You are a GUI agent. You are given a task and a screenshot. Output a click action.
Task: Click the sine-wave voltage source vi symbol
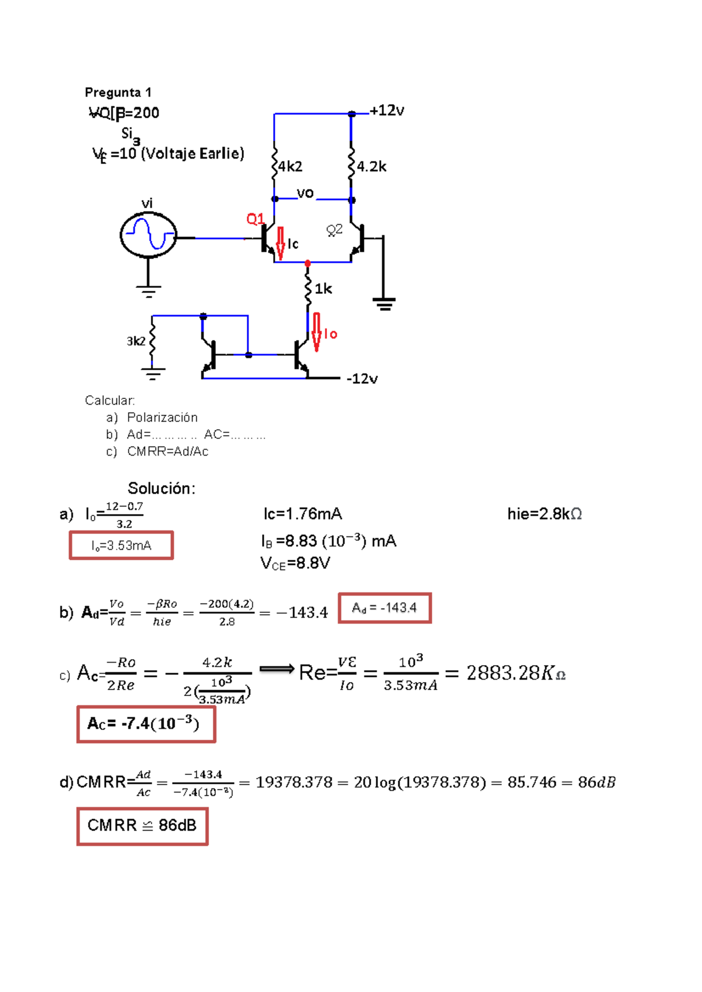[x=148, y=235]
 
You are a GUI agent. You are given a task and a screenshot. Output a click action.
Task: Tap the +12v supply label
[x=387, y=111]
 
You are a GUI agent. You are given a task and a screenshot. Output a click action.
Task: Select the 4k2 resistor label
[x=290, y=167]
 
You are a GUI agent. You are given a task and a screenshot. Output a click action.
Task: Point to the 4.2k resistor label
[x=371, y=167]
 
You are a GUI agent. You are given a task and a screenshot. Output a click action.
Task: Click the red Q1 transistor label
[x=255, y=219]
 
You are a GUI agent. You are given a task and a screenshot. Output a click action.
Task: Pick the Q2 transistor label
[x=334, y=230]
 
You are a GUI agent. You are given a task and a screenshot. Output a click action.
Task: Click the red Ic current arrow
[x=281, y=243]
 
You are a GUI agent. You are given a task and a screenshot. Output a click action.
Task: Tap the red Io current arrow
[x=316, y=331]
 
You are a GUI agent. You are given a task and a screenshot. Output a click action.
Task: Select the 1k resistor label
[x=323, y=289]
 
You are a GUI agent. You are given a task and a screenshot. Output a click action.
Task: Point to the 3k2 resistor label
[x=136, y=341]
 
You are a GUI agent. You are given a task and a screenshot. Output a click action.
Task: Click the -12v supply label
[x=362, y=379]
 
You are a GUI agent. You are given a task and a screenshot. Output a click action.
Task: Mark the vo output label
[x=305, y=193]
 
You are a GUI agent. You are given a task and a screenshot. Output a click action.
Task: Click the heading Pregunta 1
[x=118, y=92]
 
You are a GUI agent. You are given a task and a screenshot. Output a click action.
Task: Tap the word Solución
[x=161, y=488]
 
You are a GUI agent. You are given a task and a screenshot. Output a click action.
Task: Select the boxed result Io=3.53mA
[x=122, y=546]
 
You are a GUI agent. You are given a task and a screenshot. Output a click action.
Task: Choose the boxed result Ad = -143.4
[x=384, y=608]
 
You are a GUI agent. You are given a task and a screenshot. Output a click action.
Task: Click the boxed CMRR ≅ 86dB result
[x=142, y=826]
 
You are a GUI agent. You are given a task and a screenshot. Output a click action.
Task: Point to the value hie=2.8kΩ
[x=544, y=514]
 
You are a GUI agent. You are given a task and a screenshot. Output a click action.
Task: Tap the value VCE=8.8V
[x=295, y=563]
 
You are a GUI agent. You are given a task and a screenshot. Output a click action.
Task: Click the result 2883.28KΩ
[x=515, y=673]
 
